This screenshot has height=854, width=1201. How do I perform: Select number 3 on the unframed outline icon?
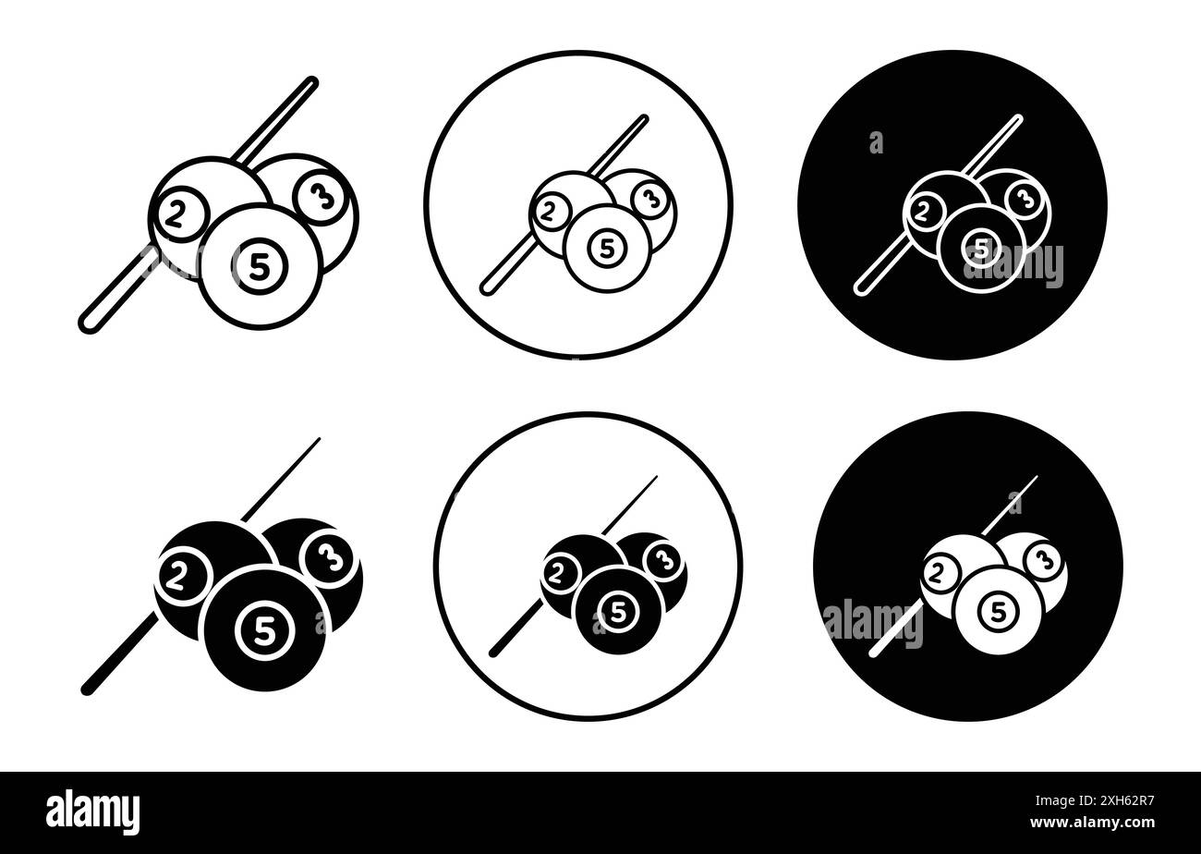tap(323, 196)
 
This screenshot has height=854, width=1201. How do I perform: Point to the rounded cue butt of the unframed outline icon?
tap(90, 323)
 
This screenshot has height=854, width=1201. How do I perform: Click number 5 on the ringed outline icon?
tap(607, 247)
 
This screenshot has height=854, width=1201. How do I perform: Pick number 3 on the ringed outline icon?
tap(650, 197)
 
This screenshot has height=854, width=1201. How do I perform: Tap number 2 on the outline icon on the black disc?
tap(922, 212)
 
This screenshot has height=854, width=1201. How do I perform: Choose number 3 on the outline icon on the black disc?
tap(1023, 197)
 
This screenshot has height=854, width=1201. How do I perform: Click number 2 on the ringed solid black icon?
tap(558, 572)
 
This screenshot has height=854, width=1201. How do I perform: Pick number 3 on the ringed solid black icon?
tap(662, 559)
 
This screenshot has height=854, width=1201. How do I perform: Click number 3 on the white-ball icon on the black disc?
tap(1043, 559)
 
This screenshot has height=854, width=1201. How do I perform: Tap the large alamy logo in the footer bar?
tap(93, 810)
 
